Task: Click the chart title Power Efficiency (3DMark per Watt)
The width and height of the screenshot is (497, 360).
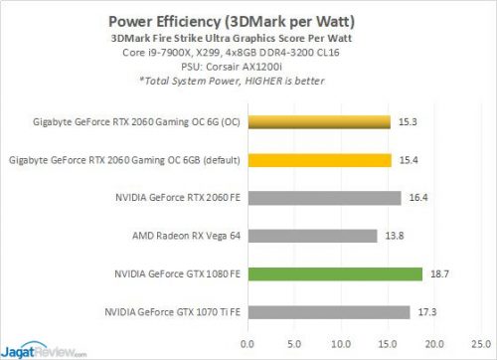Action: tap(248, 18)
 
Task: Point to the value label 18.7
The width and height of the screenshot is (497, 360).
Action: tap(438, 273)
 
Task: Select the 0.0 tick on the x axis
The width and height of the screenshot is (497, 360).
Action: tap(247, 343)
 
